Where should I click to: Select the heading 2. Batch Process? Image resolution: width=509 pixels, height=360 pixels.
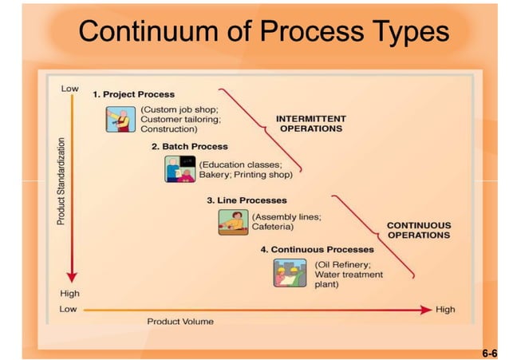coord(189,147)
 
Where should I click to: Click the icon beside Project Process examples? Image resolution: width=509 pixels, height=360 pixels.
coord(121,118)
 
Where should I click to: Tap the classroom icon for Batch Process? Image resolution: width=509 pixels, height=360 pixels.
coord(180,169)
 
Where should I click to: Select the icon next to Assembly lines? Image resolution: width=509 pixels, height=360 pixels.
coord(234,221)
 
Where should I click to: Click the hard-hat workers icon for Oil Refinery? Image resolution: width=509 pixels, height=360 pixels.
coord(290,273)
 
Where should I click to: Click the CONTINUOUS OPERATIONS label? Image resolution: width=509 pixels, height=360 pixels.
coord(418,230)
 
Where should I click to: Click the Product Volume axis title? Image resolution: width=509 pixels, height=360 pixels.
coord(180,322)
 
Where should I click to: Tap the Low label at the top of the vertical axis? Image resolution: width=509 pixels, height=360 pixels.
coord(70,88)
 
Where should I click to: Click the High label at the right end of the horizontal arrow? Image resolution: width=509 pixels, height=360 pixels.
coord(445,309)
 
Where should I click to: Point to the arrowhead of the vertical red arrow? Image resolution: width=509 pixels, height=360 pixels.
coord(72,276)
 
